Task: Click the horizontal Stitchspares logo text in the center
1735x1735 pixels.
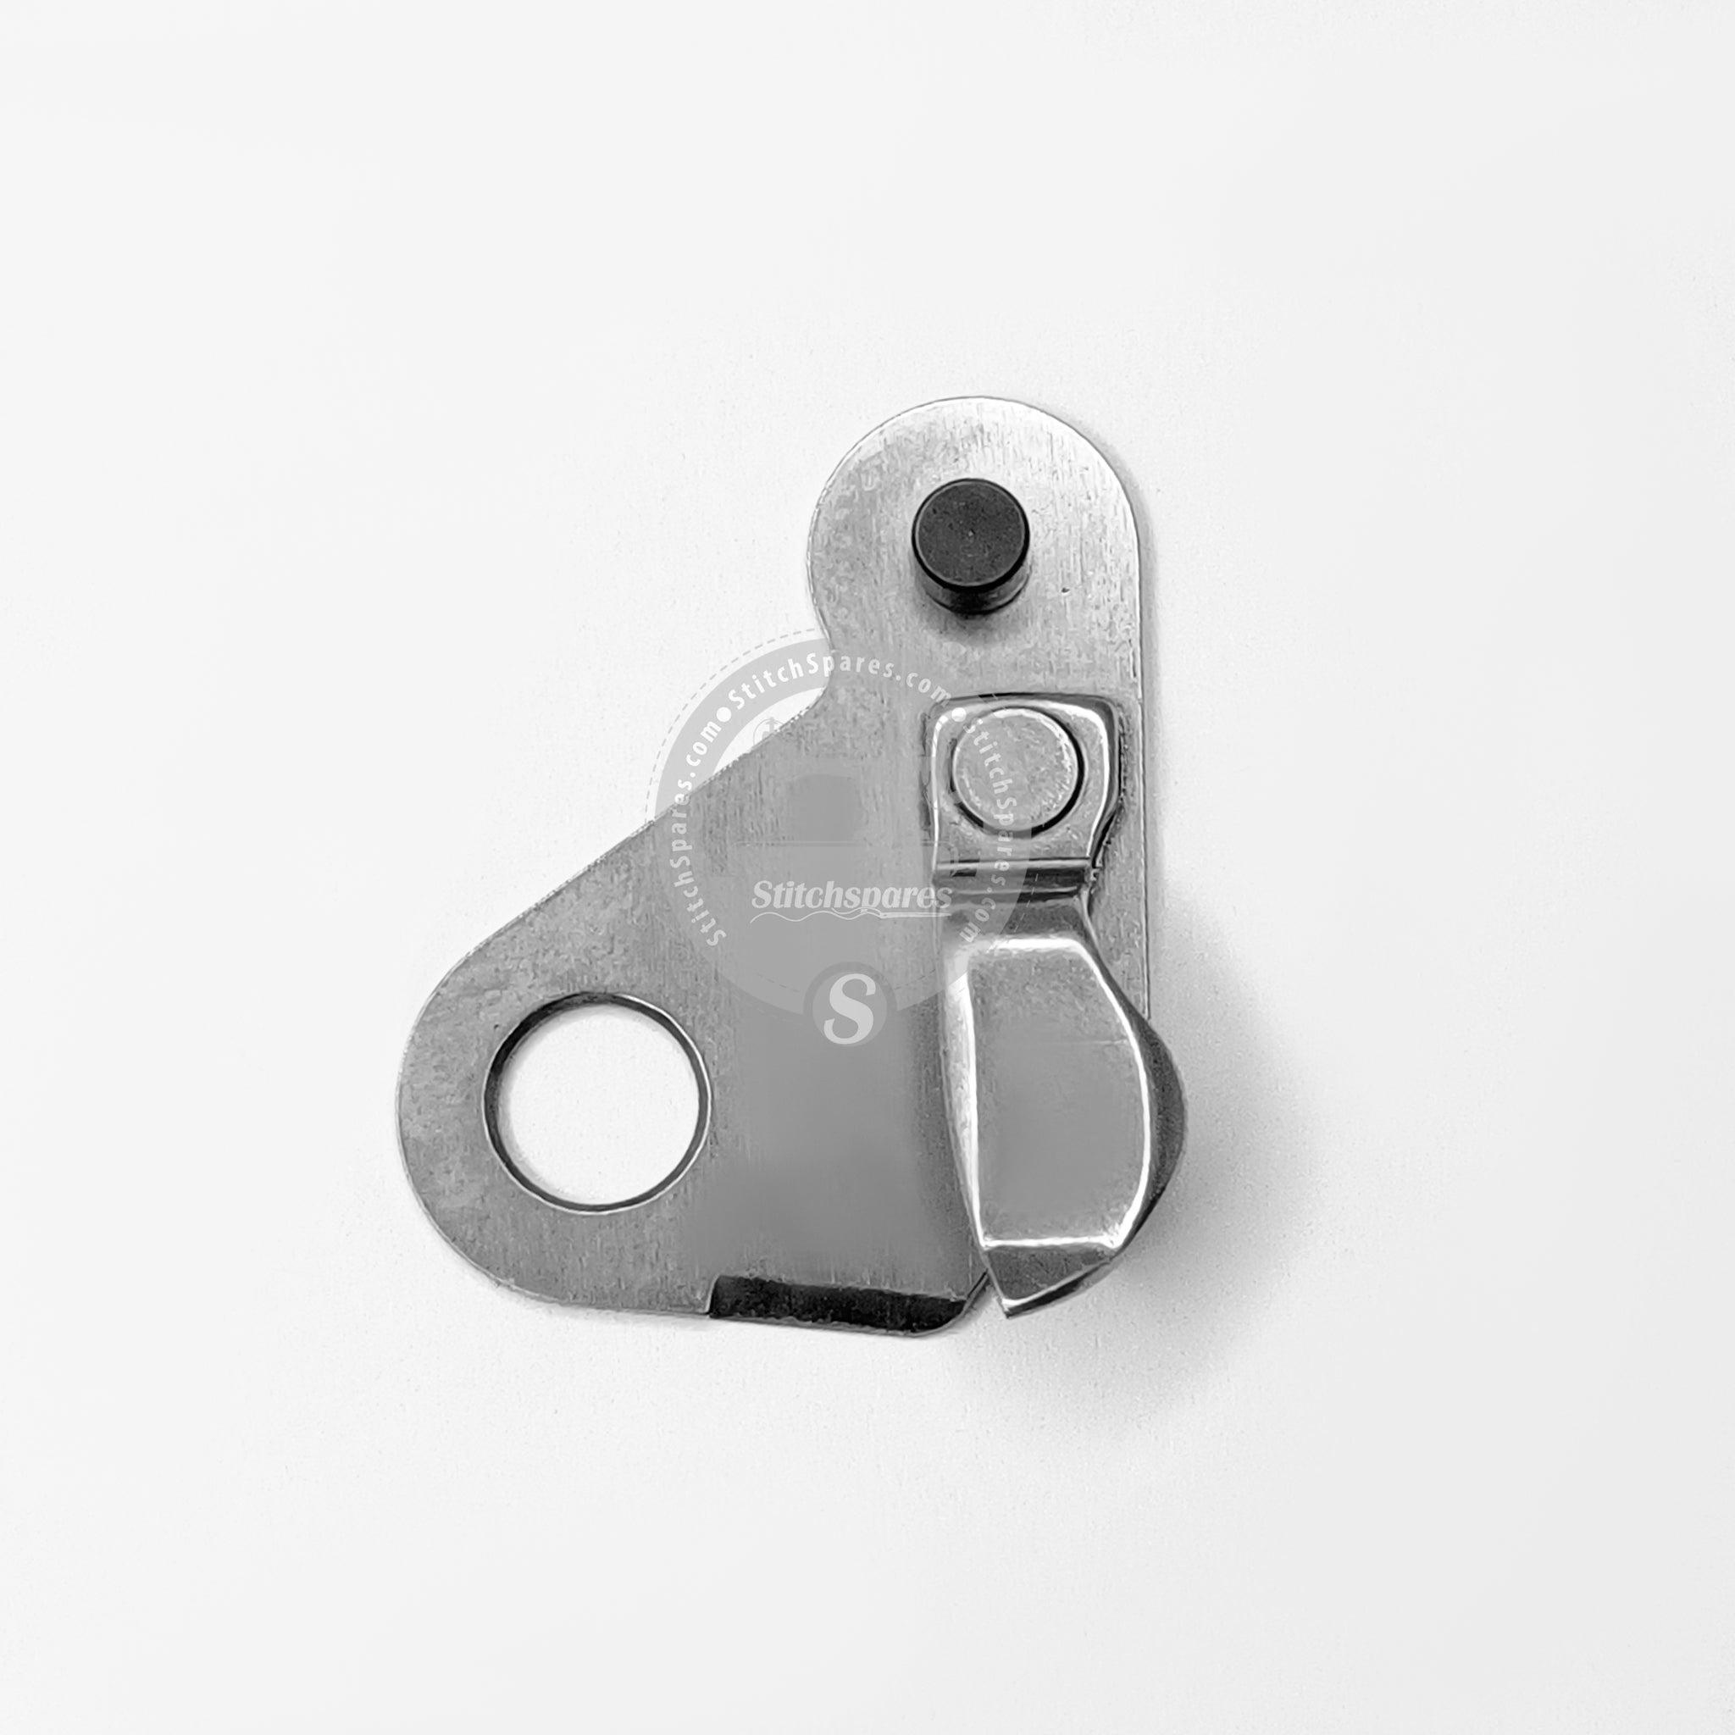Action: point(851,895)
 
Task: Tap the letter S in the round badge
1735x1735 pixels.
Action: point(848,1005)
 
